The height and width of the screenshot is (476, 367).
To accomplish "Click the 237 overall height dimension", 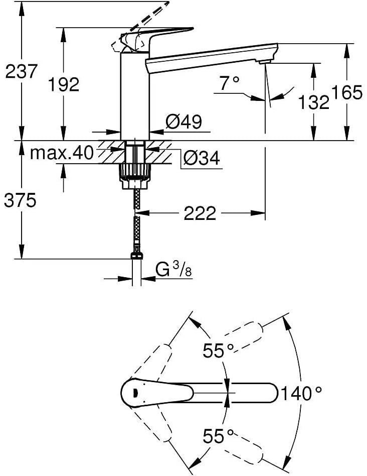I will point(21,72).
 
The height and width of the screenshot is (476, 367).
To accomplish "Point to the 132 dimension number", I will point(313,102).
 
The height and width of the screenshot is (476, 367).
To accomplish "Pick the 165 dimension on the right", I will point(347,92).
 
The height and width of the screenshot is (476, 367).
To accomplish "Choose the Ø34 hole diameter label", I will point(201,158).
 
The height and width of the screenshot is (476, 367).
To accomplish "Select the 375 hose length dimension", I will point(21,200).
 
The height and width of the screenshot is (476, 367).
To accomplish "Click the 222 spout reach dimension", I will point(200,213).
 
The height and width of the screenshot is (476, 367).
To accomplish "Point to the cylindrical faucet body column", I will point(135,95).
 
